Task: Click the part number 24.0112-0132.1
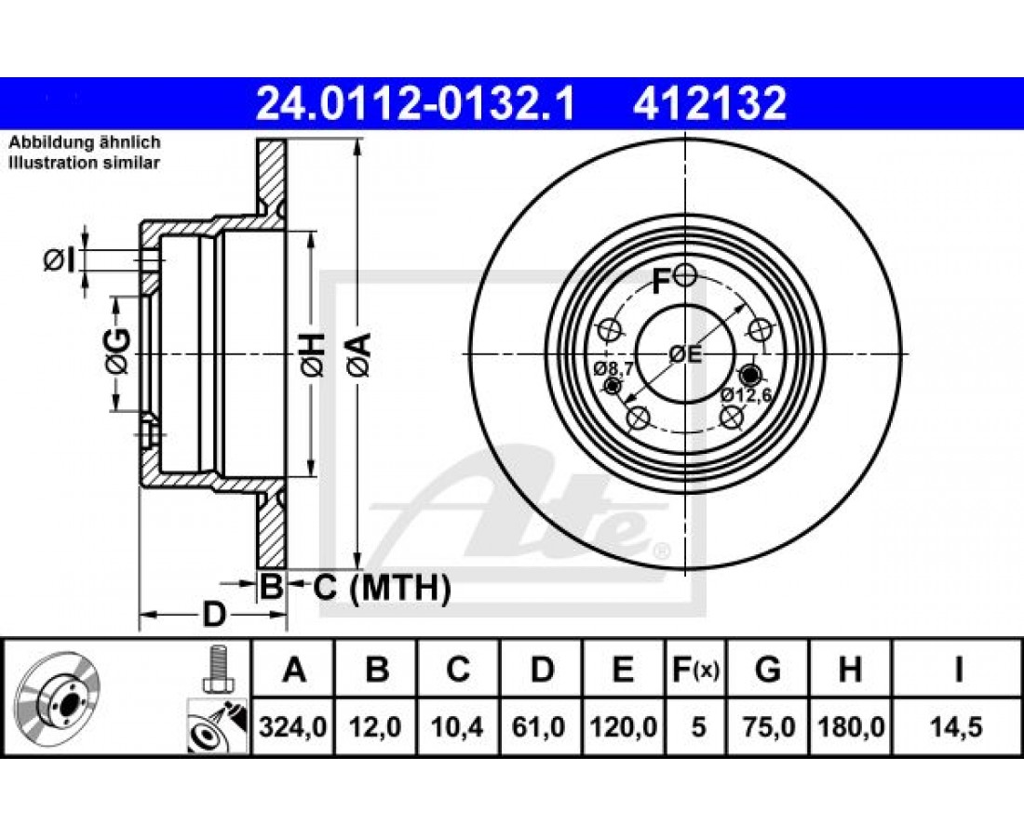tap(415, 104)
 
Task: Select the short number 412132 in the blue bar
tap(709, 104)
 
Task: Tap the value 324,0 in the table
tap(292, 726)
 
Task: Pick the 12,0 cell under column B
tap(376, 726)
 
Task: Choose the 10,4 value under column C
tap(458, 726)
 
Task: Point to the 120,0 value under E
tap(624, 726)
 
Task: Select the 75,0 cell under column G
tap(769, 726)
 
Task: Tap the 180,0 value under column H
tap(851, 726)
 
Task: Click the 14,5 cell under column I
tap(958, 726)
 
